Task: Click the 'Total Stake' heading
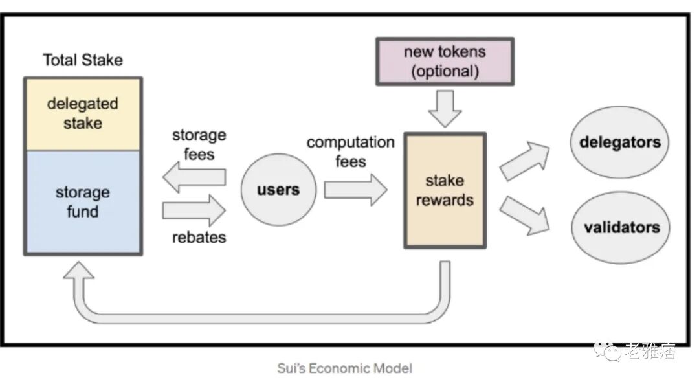83,60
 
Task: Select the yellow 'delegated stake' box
83,114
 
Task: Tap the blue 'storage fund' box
83,203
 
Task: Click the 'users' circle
278,190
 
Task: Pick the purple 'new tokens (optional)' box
445,62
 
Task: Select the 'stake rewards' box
445,190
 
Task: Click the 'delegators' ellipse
619,142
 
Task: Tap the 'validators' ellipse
621,227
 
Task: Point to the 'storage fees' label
199,144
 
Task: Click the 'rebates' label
199,237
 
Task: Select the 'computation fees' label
350,152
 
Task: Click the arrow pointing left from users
194,177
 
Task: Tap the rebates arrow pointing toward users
194,210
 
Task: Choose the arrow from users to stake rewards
355,190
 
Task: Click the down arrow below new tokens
445,109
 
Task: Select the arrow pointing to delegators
525,161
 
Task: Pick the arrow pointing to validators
525,216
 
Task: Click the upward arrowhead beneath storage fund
79,270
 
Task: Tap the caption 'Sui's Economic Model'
344,368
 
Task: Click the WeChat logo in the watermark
606,350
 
